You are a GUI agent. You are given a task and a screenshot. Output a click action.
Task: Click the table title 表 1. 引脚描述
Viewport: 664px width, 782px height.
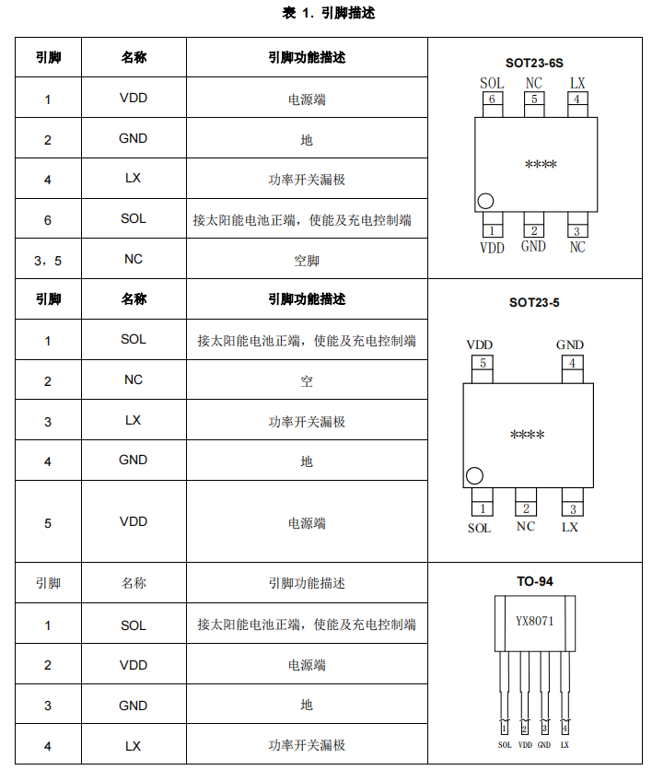click(x=329, y=13)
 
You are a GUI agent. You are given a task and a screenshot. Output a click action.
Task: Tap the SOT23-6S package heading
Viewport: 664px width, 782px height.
click(x=534, y=63)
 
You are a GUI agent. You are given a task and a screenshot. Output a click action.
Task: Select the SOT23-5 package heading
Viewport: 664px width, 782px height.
click(x=534, y=302)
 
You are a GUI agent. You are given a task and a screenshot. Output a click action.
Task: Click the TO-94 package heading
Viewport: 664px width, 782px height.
click(x=535, y=581)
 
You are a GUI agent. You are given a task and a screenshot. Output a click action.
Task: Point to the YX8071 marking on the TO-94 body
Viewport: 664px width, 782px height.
click(x=534, y=621)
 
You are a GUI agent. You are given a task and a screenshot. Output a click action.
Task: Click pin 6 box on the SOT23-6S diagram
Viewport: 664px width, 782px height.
click(x=493, y=99)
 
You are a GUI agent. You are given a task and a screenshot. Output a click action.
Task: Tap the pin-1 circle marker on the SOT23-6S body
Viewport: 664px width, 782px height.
click(x=485, y=201)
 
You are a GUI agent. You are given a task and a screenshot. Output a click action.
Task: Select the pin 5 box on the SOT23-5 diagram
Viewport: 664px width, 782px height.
click(x=483, y=363)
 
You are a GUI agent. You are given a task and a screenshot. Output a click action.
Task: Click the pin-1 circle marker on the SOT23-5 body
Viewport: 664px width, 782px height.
click(x=474, y=476)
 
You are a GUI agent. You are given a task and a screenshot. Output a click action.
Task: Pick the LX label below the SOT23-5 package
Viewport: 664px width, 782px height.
click(x=570, y=527)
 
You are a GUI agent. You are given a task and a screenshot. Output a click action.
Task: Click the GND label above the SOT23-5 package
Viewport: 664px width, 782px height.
click(x=570, y=344)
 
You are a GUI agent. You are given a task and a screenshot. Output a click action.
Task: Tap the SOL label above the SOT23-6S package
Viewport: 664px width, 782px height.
click(x=492, y=83)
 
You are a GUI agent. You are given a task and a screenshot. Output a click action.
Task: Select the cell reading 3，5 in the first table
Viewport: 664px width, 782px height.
click(x=48, y=261)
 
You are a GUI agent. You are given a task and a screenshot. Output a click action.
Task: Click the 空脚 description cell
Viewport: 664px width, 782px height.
click(x=307, y=261)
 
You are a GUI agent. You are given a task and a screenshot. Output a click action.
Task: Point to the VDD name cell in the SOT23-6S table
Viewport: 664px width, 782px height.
click(x=134, y=98)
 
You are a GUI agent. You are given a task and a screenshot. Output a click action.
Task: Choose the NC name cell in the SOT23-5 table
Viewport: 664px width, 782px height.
click(x=134, y=379)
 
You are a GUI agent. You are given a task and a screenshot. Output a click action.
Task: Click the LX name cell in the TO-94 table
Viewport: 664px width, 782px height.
click(x=134, y=746)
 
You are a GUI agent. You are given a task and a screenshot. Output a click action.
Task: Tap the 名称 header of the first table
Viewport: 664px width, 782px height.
click(x=134, y=57)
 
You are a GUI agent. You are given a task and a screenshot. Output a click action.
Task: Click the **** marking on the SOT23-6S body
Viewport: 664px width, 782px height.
click(x=541, y=164)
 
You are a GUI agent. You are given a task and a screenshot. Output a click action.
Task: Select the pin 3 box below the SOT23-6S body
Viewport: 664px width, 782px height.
click(x=577, y=231)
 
